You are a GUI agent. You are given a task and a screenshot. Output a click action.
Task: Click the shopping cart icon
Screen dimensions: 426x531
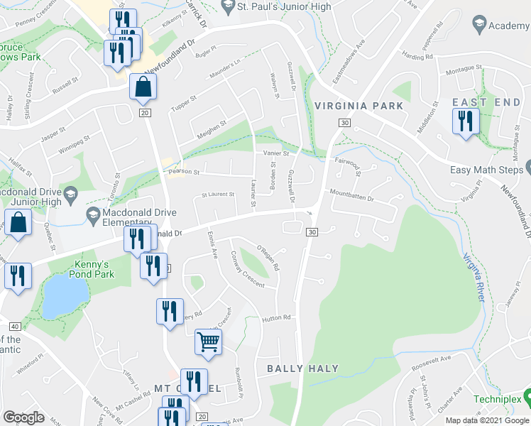pos(209,342)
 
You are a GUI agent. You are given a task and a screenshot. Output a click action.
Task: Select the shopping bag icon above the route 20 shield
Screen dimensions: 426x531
pos(143,87)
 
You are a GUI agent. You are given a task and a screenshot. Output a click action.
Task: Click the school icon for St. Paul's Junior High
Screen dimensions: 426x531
pos(228,8)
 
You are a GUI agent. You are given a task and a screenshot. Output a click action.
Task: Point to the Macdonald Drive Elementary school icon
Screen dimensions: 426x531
pos(92,214)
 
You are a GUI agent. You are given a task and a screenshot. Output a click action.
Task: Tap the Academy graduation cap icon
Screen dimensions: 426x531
pos(478,26)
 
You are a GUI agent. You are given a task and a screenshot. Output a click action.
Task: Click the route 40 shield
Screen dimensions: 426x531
pos(15,326)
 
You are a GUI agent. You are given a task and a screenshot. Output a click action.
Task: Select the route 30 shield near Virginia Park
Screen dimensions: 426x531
pos(344,124)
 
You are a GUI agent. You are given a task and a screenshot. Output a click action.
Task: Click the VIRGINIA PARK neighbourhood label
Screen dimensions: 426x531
pos(358,106)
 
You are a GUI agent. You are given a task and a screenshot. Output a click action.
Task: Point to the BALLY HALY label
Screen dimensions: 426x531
pos(302,368)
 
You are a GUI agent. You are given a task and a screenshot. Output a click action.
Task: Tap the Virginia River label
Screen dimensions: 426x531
pos(473,278)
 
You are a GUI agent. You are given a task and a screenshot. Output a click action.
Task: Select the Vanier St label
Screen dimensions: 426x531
pos(276,153)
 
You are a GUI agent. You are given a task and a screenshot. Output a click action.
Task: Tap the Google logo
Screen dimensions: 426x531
pos(24,417)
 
